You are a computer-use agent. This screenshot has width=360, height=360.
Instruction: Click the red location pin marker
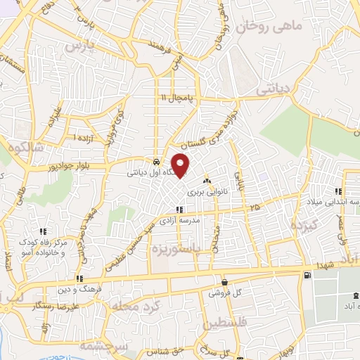pyautogui.click(x=181, y=165)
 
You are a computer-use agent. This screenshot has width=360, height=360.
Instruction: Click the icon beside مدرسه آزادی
pyautogui.click(x=180, y=210)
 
